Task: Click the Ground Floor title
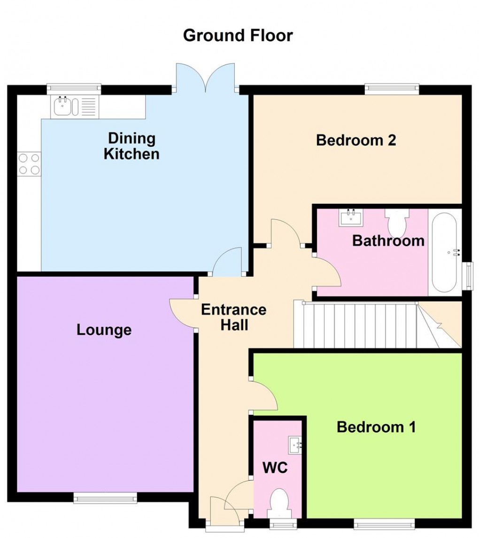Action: pos(238,36)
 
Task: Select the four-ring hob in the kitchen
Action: pos(29,164)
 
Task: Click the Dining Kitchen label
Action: pos(131,146)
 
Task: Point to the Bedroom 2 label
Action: pos(356,140)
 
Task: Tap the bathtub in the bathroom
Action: pos(444,253)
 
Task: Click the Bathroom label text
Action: pos(388,241)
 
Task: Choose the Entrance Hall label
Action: pos(233,317)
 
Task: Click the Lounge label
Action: pos(104,330)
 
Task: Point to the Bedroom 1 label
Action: pos(376,427)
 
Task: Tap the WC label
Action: pos(275,468)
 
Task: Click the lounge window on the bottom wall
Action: pos(105,498)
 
